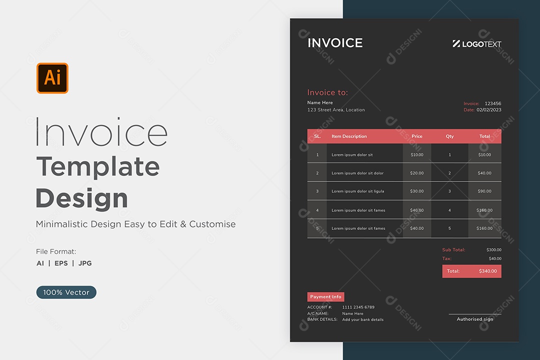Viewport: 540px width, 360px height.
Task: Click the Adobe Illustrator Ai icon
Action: pos(52,78)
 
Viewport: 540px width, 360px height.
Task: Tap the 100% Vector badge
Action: pos(66,292)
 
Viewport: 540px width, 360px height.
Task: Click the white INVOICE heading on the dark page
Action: pos(335,43)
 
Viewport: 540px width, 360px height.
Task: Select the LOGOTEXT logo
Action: pos(477,44)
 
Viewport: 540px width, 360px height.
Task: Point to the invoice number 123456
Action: pos(493,103)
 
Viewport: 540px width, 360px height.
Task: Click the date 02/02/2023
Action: pos(489,110)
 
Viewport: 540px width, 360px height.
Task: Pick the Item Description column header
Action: pos(349,136)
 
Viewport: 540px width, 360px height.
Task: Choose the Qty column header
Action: pos(450,136)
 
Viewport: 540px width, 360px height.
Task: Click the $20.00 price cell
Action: pos(416,173)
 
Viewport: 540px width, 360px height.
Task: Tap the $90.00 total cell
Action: pos(484,191)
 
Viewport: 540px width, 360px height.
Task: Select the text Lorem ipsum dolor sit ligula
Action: pos(358,191)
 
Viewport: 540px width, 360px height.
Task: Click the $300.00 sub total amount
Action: pos(494,250)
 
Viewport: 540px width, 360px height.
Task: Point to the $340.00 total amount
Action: pos(488,271)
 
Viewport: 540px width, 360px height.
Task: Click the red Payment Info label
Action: pos(326,296)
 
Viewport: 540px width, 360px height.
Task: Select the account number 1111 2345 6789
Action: pos(358,307)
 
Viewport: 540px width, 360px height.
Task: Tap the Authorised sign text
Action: pos(475,319)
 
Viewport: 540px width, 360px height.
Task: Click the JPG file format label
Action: pos(85,263)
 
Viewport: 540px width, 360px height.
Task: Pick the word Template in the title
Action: pos(98,166)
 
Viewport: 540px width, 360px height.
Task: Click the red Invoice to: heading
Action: pos(327,92)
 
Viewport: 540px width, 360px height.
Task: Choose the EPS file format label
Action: pos(61,263)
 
